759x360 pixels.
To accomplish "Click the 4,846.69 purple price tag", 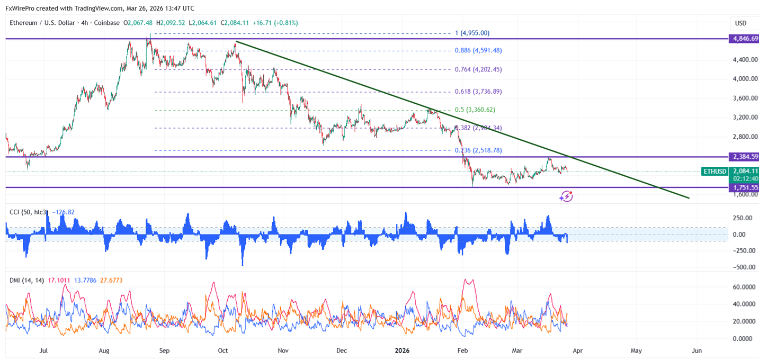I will click(x=743, y=39).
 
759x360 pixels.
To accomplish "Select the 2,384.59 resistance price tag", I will click(x=743, y=157).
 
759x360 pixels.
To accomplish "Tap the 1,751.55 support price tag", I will click(x=743, y=187).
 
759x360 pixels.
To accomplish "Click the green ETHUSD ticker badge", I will click(x=714, y=171).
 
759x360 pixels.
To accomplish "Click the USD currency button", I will click(x=740, y=23).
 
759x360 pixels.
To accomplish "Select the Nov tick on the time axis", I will click(x=283, y=350).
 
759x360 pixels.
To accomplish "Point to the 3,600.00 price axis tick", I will click(x=745, y=98).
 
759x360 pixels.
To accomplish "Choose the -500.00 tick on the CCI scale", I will click(x=744, y=267).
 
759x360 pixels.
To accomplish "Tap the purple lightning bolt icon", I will click(x=566, y=196).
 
